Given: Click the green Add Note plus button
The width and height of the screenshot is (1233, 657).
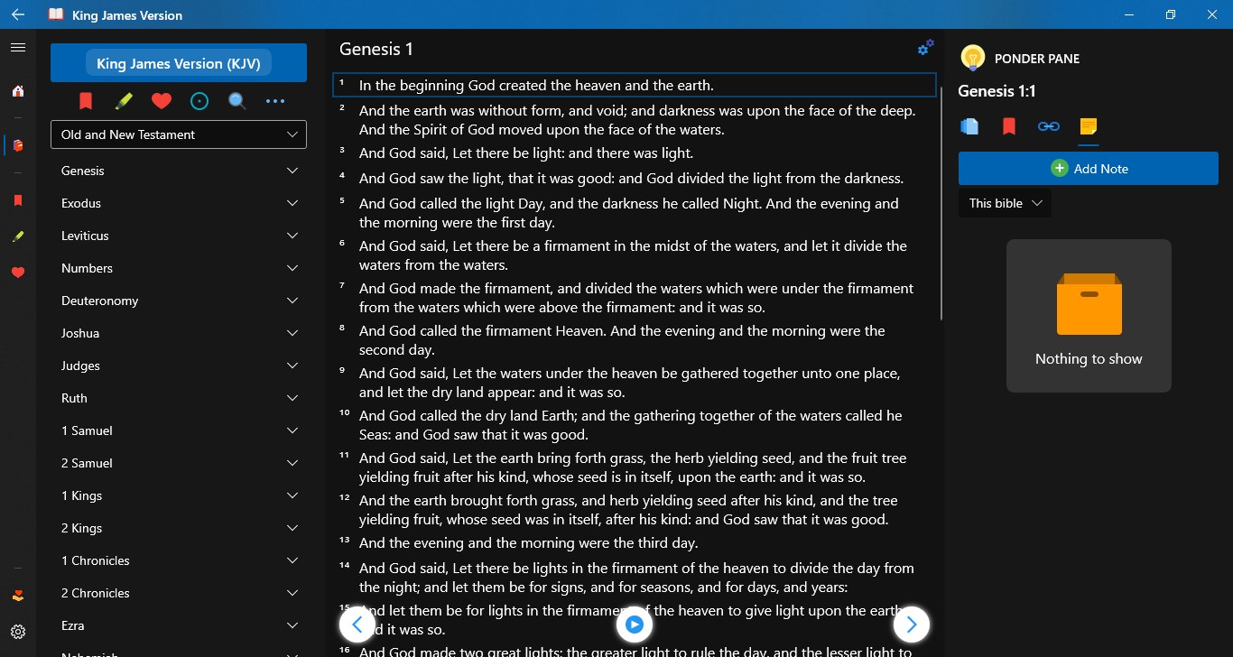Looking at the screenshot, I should [1060, 169].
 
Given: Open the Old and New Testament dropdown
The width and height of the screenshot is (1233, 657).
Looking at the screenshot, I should [179, 134].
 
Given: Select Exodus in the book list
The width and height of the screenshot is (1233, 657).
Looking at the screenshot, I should [81, 203].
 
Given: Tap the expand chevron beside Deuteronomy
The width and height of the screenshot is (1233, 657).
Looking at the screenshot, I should [292, 301].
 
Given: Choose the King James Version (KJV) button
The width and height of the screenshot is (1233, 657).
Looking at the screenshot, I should [179, 63].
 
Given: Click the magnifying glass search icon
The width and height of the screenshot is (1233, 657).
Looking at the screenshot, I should [237, 101].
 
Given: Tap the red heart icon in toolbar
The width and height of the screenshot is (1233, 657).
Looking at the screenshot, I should [162, 101].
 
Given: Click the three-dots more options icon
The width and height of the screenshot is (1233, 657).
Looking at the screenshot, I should [275, 101].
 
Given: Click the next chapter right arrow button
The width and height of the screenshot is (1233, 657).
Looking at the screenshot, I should [911, 624].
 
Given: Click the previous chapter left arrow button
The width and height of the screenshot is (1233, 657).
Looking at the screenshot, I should [357, 624].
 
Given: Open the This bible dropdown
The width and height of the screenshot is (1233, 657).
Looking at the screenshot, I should [1005, 203].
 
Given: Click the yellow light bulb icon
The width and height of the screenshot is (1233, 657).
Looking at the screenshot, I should [972, 58].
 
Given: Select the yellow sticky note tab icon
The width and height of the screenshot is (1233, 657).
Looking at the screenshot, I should [1089, 126].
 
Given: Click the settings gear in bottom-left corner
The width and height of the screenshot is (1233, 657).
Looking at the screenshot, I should [18, 632].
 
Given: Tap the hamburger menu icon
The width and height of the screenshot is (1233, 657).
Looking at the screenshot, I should [18, 47].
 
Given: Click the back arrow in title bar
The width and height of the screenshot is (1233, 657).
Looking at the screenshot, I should [18, 14].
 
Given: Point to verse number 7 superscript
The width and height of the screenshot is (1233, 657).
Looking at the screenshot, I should [343, 285].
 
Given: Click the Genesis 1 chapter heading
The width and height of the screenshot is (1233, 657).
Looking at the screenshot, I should [376, 49].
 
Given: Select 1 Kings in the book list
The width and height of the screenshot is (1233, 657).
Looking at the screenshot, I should [81, 495].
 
